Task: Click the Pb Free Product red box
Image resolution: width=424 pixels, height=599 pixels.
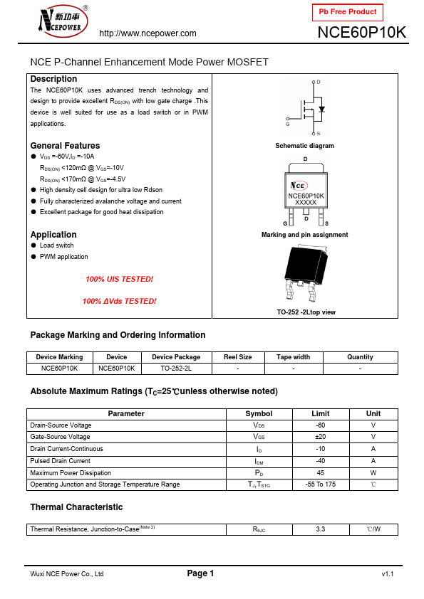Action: point(348,12)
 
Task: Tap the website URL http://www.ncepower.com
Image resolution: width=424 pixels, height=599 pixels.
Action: point(148,33)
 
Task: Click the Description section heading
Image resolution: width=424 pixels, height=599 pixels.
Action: point(53,79)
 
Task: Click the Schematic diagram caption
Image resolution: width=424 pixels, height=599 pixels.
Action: point(304,146)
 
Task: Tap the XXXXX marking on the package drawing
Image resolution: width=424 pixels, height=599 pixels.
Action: point(305,203)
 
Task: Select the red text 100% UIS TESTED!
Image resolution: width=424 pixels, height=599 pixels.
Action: point(119,279)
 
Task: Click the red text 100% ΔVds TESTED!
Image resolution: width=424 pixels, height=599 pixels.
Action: point(119,301)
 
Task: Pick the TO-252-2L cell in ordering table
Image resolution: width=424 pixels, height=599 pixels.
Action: point(176,369)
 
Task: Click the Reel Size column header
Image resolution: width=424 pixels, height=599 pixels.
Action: point(237,357)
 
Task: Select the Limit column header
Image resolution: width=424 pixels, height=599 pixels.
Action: point(320,413)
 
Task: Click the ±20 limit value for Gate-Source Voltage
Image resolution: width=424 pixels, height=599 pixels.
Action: point(320,437)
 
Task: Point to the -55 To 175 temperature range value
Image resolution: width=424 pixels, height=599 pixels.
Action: point(320,484)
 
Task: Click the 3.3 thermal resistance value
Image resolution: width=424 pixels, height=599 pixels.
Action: point(320,529)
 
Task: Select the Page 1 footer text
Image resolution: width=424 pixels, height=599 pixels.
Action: point(200,573)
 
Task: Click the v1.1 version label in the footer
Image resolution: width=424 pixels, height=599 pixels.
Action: point(387,574)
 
